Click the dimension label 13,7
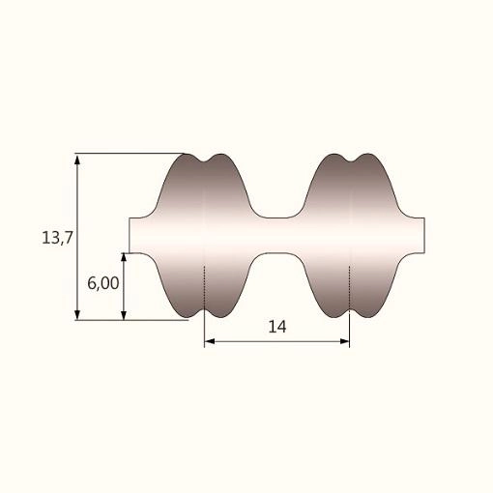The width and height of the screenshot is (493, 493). click(57, 239)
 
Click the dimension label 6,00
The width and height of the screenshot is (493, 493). click(103, 283)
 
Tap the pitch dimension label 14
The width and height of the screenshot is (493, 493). click(277, 327)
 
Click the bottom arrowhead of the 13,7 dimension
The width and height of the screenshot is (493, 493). click(77, 315)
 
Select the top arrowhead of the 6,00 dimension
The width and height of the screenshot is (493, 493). click(124, 258)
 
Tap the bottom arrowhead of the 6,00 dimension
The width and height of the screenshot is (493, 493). click(124, 315)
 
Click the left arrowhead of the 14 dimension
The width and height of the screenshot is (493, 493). click(210, 341)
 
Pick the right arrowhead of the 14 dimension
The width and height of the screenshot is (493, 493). click(344, 341)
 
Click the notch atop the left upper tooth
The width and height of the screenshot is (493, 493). click(205, 161)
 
